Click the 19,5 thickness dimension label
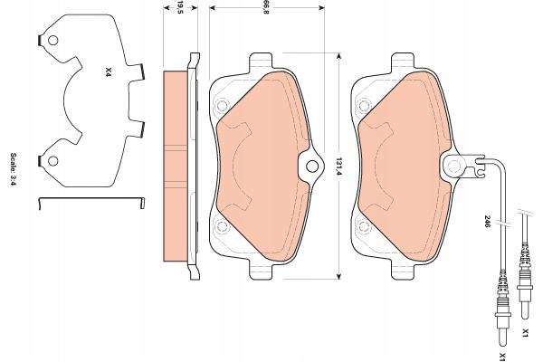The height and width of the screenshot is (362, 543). pyautogui.click(x=180, y=7)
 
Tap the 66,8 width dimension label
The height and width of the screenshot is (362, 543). pyautogui.click(x=266, y=7)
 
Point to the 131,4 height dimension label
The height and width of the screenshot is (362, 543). pyautogui.click(x=338, y=167)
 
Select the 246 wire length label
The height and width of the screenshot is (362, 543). pyautogui.click(x=487, y=222)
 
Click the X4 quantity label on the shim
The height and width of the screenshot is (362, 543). pyautogui.click(x=108, y=72)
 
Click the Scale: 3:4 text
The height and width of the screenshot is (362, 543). pyautogui.click(x=14, y=169)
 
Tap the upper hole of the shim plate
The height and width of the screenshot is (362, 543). pyautogui.click(x=53, y=41)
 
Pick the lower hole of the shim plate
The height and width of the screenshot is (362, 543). pyautogui.click(x=53, y=161)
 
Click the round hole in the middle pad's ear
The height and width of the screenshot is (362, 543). pyautogui.click(x=312, y=167)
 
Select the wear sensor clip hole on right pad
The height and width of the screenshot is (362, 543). pyautogui.click(x=454, y=167)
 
